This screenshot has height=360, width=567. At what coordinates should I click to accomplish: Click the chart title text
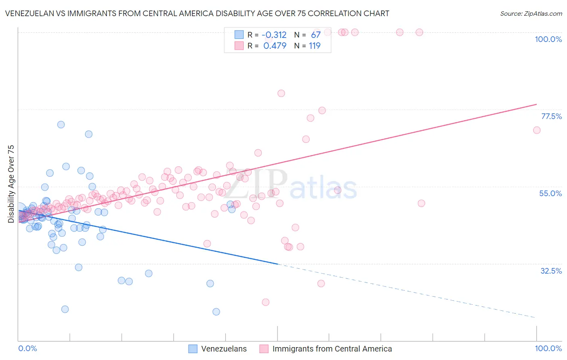197,13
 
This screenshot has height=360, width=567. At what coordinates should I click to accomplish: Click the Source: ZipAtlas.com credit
531,13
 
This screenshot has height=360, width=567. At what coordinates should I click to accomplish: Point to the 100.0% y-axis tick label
548,39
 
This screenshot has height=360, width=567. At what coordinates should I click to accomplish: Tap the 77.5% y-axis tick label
551,116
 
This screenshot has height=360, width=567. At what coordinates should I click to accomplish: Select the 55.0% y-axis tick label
550,193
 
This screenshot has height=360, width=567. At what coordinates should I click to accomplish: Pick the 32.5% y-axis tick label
551,271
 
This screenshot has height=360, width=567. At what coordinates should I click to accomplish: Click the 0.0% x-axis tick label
27,348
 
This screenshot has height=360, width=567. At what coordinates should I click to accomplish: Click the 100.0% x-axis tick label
548,348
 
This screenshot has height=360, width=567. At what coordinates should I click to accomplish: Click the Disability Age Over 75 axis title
11,184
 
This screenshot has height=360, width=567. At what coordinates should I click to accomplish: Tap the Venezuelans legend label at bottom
224,349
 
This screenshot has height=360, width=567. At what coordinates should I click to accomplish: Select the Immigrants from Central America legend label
332,349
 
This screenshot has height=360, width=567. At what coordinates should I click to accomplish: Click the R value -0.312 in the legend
274,35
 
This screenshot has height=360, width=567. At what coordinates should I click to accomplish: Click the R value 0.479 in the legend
275,46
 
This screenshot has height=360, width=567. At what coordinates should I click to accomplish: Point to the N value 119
315,46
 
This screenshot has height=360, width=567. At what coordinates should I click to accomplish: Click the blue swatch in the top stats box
239,35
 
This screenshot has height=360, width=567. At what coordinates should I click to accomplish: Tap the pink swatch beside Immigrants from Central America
264,349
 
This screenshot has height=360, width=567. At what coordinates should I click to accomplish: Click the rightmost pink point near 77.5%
536,130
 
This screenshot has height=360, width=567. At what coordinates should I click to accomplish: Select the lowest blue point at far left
65,309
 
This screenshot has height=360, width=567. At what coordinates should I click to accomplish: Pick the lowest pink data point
265,302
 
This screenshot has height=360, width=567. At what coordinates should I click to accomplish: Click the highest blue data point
61,124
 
